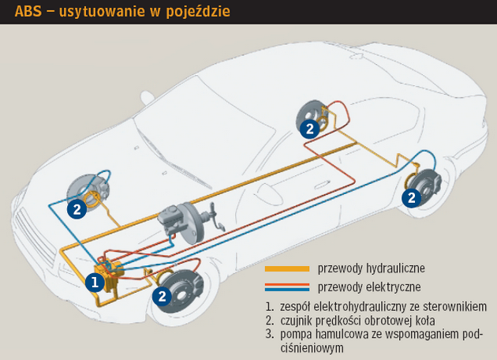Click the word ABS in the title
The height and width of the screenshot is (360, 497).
pyautogui.click(x=29, y=13)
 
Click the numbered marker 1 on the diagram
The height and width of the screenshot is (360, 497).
pyautogui.click(x=95, y=281)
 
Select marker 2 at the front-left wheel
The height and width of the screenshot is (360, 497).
pyautogui.click(x=77, y=209)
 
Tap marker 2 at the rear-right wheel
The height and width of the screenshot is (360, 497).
pyautogui.click(x=311, y=128)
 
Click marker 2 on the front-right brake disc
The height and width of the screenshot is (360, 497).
pyautogui.click(x=161, y=297)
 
